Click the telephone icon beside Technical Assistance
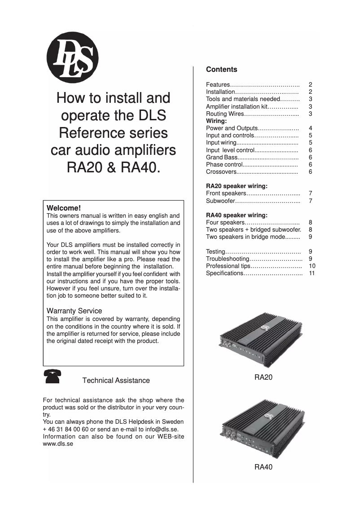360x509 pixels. tap(53, 376)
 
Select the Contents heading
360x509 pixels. tap(221, 70)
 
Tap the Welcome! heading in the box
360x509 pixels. tap(64, 208)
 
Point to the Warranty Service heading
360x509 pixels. tap(74, 311)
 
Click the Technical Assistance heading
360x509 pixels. tap(116, 380)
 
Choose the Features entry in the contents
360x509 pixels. tap(218, 85)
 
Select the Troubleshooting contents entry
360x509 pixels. tap(227, 259)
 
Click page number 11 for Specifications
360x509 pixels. tap(312, 273)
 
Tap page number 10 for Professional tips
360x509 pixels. tap(312, 266)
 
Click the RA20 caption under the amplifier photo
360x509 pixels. tap(263, 378)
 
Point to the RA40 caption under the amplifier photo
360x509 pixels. tap(263, 467)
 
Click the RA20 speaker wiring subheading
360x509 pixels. tap(237, 186)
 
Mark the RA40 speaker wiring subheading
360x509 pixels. tap(237, 215)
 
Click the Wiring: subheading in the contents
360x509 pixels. tap(216, 121)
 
